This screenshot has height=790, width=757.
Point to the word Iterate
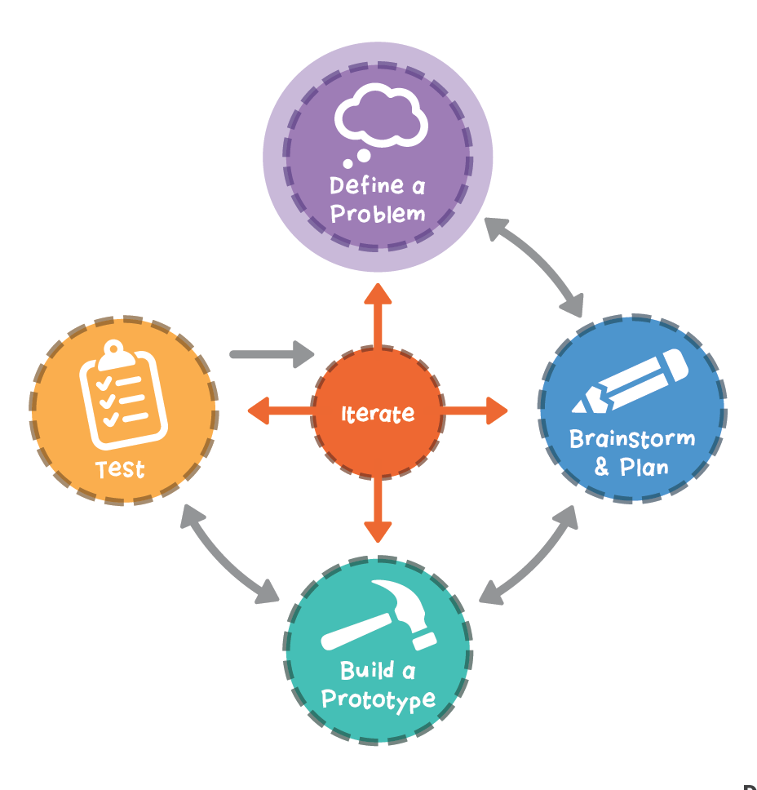[378, 414]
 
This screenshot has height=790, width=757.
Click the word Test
[120, 470]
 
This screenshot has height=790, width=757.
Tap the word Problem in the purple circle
[378, 215]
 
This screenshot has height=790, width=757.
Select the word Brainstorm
[632, 439]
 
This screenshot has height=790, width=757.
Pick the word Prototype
[378, 699]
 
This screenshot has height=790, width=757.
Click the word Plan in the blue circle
[644, 468]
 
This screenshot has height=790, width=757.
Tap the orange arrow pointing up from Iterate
[377, 314]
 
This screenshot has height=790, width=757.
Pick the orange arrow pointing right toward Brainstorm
[476, 411]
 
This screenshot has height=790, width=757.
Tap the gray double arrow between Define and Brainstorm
[535, 266]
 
